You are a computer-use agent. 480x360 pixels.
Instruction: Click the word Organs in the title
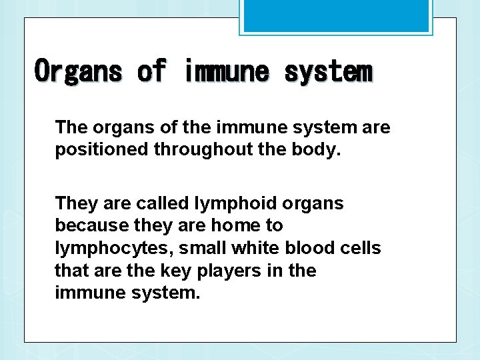[x=79, y=71]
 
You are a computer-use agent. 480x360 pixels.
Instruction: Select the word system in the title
[x=328, y=71]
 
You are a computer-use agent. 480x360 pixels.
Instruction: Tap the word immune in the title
[x=225, y=71]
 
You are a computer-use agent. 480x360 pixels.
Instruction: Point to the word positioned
[x=102, y=149]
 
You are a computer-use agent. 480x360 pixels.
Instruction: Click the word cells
[x=360, y=248]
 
